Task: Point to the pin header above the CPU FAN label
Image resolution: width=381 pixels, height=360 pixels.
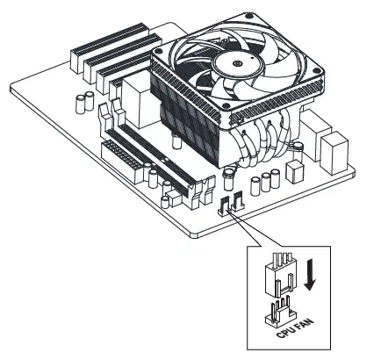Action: [x=279, y=311]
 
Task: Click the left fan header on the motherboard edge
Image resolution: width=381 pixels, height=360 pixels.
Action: [x=225, y=207]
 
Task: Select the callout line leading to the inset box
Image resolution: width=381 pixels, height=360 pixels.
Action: [x=248, y=233]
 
